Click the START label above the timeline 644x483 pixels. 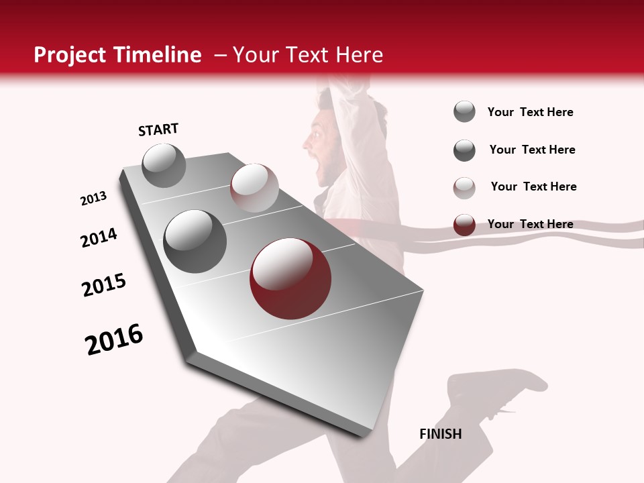[158, 129]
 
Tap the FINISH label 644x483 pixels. [440, 434]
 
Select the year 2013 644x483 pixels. [94, 199]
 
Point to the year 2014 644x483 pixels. [99, 237]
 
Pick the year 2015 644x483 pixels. [104, 285]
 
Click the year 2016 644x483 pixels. [114, 339]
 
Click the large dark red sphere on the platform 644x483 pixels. [290, 278]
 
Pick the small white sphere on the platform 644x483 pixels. [254, 188]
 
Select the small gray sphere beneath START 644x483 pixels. [164, 165]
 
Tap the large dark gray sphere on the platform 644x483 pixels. [195, 241]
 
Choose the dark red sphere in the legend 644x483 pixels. [464, 225]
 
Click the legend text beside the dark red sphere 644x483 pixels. [530, 224]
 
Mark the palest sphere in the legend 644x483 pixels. [464, 188]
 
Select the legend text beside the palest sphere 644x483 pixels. [533, 186]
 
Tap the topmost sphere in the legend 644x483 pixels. [464, 111]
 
